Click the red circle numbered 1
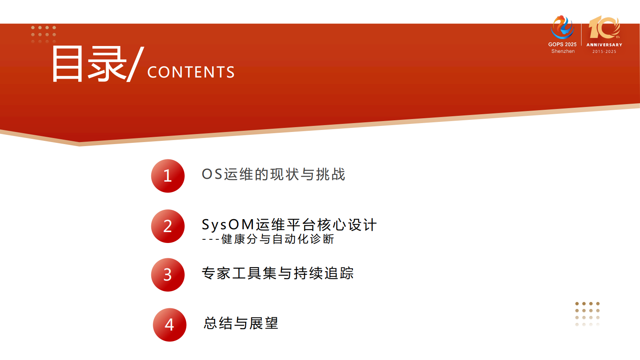point(168,176)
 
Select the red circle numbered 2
point(168,226)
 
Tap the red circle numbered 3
point(168,275)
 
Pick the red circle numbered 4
point(169,325)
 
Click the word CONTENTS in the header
point(191,72)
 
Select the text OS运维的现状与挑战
point(273,174)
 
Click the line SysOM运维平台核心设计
point(289,224)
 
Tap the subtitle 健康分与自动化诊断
point(277,239)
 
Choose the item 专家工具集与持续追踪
point(277,273)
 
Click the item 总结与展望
point(241,323)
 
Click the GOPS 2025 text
point(562,44)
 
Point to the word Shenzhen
point(563,51)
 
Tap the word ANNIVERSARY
point(604,45)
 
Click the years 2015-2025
point(604,52)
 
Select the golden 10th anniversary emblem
point(604,27)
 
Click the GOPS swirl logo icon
point(562,27)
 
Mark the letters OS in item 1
point(212,174)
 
